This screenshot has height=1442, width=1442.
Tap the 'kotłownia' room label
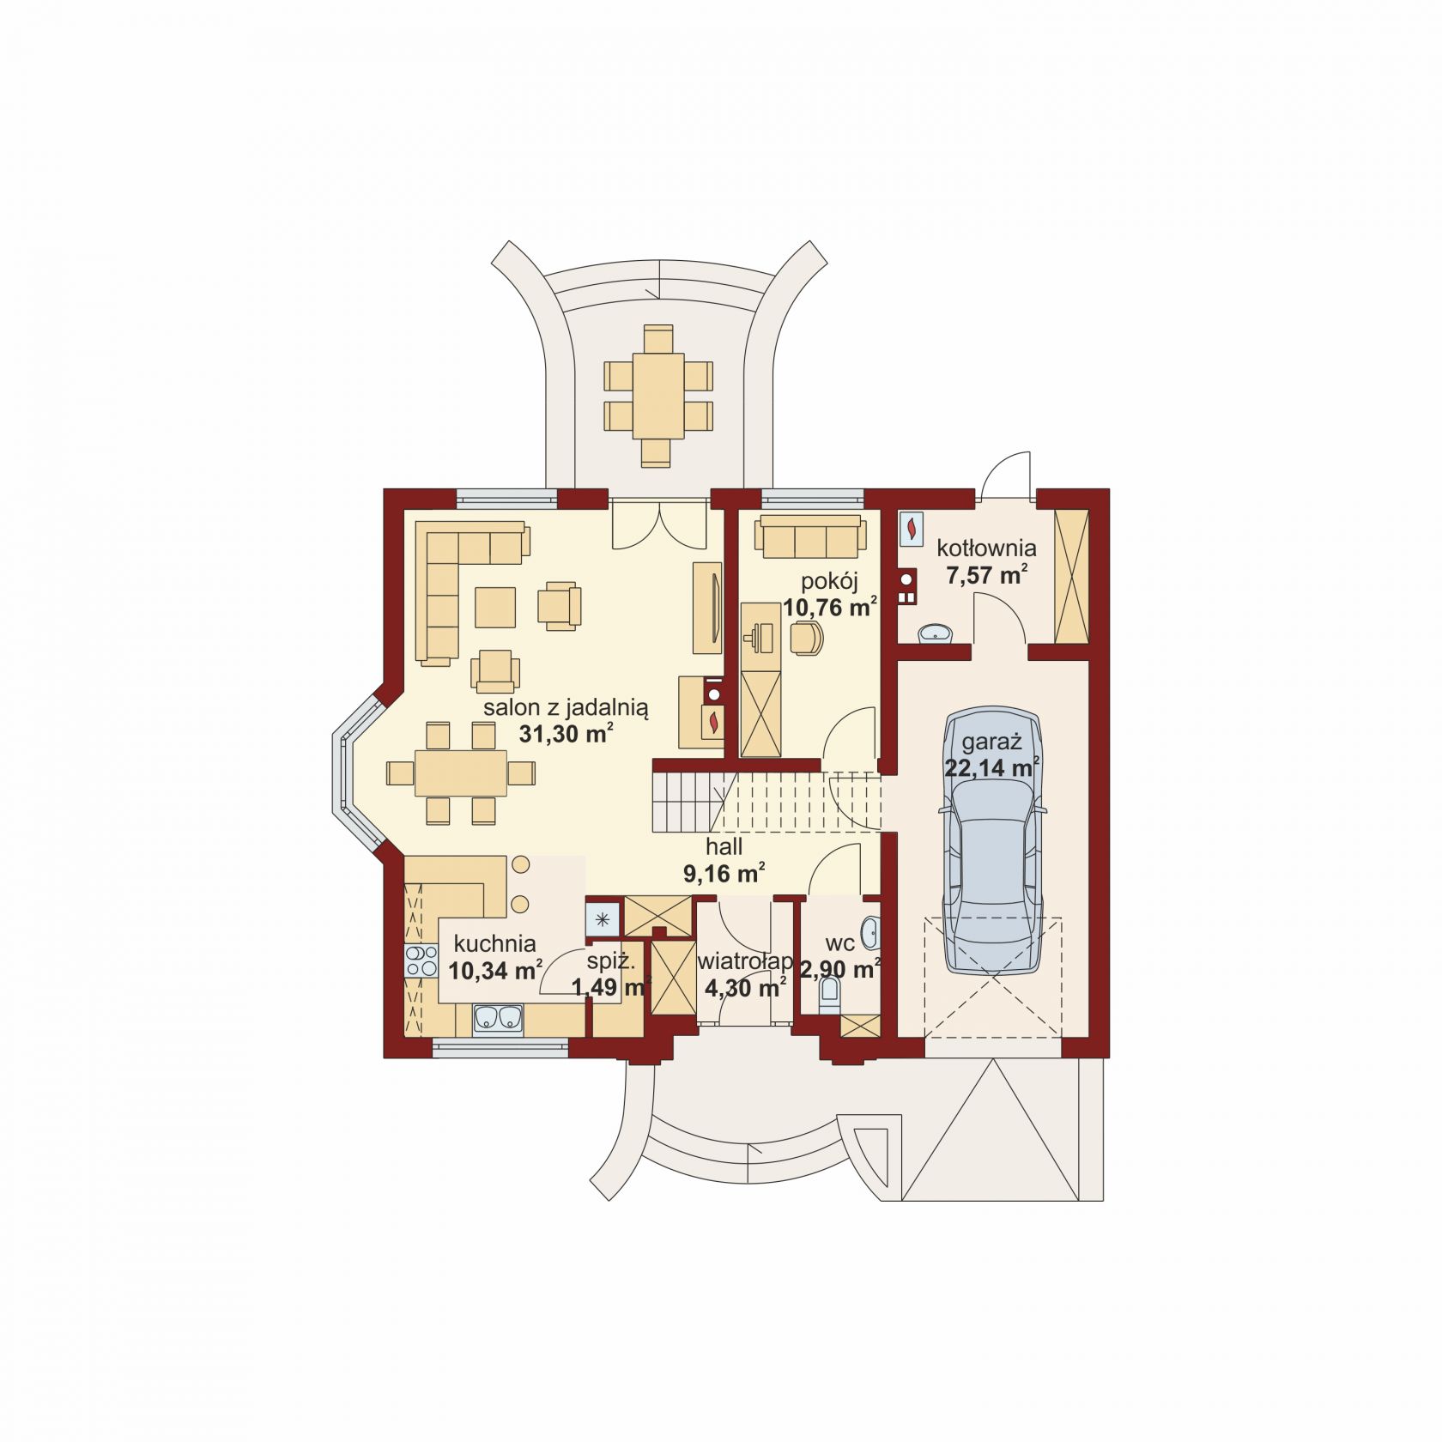[x=986, y=548]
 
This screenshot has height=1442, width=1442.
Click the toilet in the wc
[x=830, y=996]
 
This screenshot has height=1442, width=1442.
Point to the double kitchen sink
[x=498, y=1018]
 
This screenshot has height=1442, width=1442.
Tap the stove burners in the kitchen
[x=421, y=960]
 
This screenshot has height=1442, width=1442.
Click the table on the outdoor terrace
[x=658, y=396]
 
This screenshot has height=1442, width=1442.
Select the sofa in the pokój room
[x=808, y=536]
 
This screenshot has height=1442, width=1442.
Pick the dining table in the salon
[x=461, y=773]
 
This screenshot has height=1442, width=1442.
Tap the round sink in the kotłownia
[x=934, y=634]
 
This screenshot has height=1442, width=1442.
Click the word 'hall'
[x=724, y=847]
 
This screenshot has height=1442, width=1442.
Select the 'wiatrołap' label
[x=745, y=961]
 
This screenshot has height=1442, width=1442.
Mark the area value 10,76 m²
[x=829, y=608]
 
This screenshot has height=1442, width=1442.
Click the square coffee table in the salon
[x=495, y=607]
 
